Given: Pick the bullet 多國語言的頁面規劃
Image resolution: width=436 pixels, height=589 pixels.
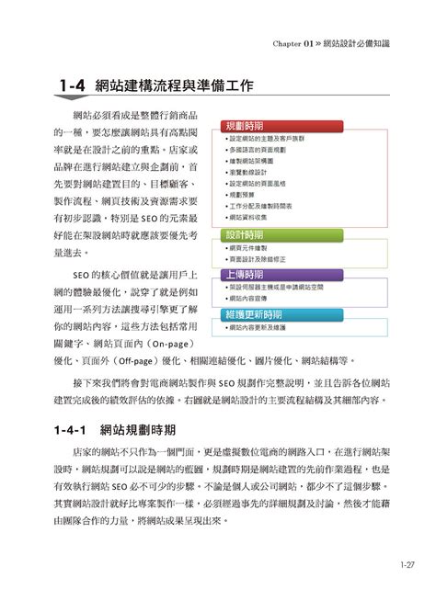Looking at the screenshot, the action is (258, 149).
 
